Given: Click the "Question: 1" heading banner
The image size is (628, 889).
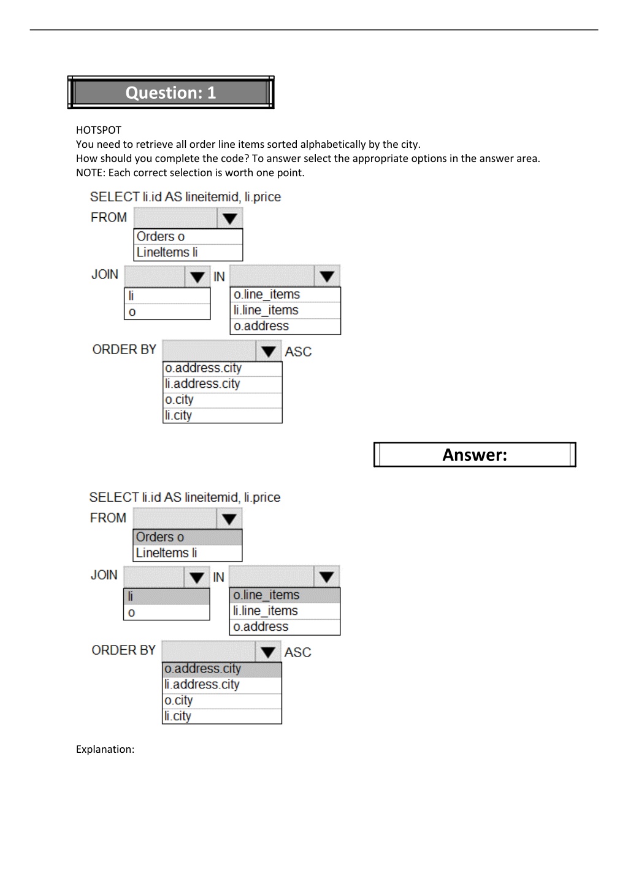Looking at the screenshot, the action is (x=170, y=93).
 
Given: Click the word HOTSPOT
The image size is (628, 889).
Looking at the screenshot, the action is (x=98, y=130).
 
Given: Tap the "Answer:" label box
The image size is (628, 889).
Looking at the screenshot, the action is (x=475, y=455).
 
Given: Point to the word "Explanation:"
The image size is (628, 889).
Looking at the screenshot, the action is (x=105, y=749).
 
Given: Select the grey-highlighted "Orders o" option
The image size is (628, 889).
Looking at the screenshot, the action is (x=187, y=537).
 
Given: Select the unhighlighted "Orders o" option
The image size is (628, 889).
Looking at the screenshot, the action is (x=188, y=237).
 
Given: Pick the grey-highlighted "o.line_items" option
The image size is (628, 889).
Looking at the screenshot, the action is (x=285, y=595).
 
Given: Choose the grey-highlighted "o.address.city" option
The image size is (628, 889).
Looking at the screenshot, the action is (x=222, y=669).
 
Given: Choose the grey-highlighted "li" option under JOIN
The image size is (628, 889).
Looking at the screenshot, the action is (x=167, y=596).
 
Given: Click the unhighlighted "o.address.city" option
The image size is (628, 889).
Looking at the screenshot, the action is (x=223, y=368).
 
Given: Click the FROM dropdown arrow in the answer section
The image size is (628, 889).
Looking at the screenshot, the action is (x=229, y=518).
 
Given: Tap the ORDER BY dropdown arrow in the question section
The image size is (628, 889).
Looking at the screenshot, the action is (x=269, y=351).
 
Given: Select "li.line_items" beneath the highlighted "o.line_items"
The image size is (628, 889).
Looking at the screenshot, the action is (x=285, y=611).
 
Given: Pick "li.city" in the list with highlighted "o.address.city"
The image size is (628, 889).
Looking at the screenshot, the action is (x=222, y=716).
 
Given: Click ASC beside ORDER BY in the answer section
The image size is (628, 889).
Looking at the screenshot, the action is (x=297, y=652).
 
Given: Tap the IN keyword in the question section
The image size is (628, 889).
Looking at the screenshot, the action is (x=219, y=277).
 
